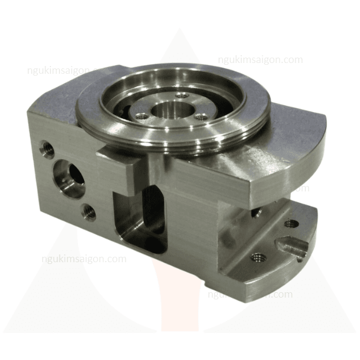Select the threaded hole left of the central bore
[x=142, y=118]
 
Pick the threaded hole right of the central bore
[x=203, y=118]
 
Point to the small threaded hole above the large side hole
[x=44, y=145]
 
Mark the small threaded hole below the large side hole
[x=89, y=211]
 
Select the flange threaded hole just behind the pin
[x=291, y=223]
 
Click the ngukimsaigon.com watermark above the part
[x=260, y=60]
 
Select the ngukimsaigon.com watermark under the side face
[x=84, y=259]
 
